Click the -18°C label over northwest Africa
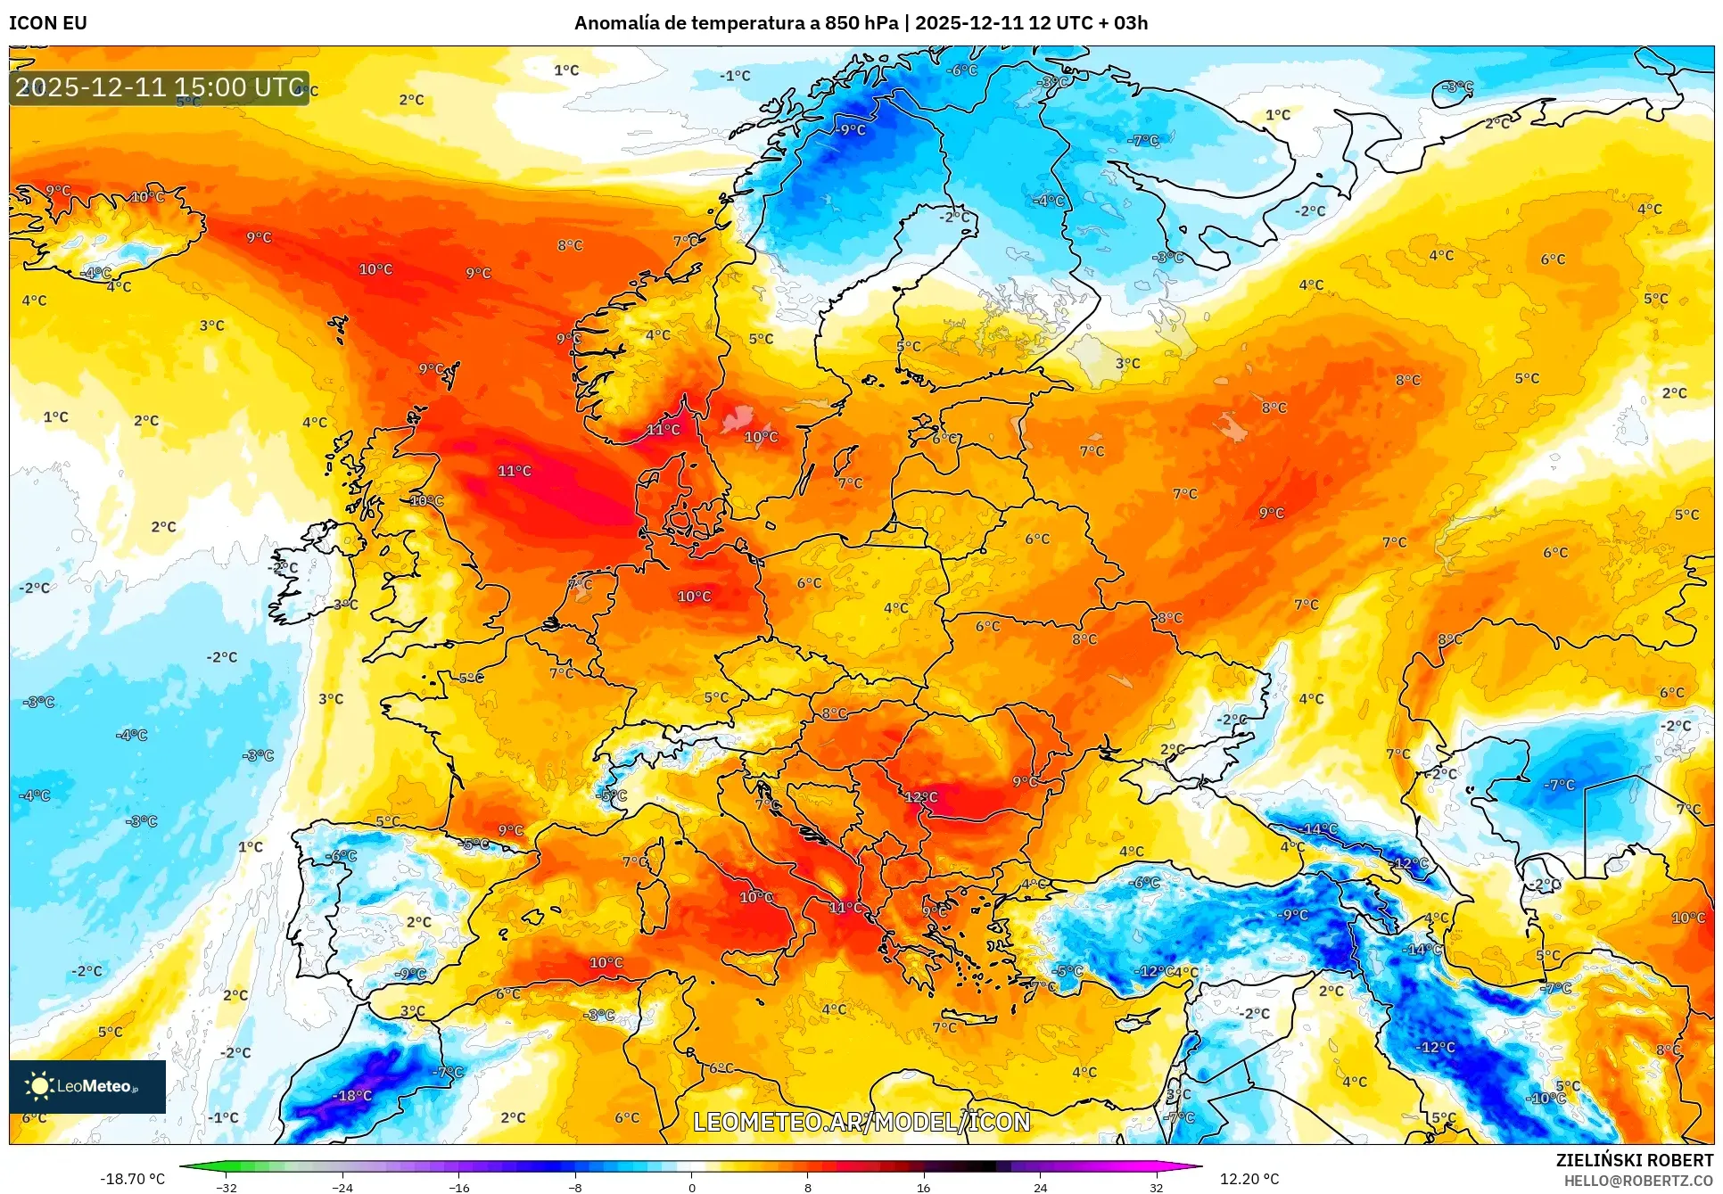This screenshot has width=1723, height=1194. click(352, 1096)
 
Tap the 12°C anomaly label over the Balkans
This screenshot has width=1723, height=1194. click(921, 797)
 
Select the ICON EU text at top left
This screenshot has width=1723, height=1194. click(48, 23)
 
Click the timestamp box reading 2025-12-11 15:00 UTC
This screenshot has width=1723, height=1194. click(160, 87)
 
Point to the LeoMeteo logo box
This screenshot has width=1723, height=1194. click(87, 1086)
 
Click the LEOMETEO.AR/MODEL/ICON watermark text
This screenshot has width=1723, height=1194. click(861, 1122)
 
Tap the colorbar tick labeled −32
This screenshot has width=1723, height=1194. click(227, 1187)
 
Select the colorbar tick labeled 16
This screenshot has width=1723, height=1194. click(923, 1187)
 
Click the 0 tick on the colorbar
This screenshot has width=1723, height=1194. click(692, 1187)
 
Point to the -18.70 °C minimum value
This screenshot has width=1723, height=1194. click(133, 1179)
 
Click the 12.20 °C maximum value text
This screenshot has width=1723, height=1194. click(1249, 1179)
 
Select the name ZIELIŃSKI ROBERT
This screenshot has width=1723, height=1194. click(1635, 1160)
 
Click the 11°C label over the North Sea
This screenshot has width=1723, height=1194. click(515, 471)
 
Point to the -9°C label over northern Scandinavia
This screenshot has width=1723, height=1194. click(850, 130)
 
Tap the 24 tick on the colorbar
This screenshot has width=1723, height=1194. click(1040, 1187)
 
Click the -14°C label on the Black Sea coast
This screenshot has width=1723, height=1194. click(1320, 829)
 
